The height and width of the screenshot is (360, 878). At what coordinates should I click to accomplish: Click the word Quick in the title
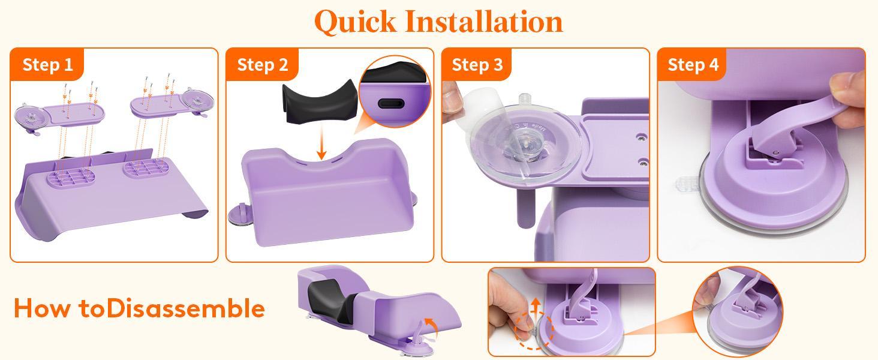click(x=355, y=21)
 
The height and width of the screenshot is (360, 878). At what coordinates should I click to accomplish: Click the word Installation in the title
click(x=484, y=21)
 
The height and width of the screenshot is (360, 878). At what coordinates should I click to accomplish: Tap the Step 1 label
click(x=47, y=64)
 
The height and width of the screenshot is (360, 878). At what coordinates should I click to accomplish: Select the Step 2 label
click(x=263, y=64)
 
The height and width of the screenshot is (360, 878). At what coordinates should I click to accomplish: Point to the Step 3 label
click(x=477, y=64)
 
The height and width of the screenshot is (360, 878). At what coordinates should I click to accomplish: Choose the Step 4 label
click(x=693, y=64)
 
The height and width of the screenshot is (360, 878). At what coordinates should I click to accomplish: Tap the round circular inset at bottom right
click(x=736, y=311)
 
